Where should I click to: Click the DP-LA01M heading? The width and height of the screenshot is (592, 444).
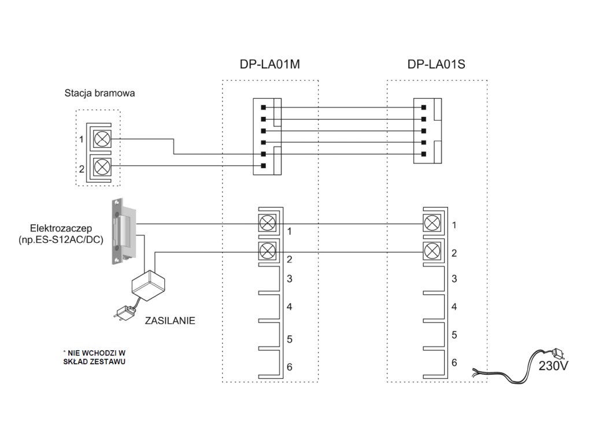tap(269, 64)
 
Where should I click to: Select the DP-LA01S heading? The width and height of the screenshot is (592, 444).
tap(436, 64)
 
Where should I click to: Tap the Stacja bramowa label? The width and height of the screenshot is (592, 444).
tap(99, 93)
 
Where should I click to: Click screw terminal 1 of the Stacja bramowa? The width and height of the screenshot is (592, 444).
tap(102, 139)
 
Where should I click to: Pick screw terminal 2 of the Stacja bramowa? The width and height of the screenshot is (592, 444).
tap(102, 166)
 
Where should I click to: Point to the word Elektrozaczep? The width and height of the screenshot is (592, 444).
tap(61, 228)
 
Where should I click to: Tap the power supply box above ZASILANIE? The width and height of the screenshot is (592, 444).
tap(149, 286)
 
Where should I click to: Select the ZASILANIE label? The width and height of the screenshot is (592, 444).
tap(170, 320)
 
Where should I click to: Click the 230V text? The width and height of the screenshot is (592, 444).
tap(553, 366)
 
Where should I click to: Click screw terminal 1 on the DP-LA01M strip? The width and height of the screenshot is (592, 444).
tap(268, 224)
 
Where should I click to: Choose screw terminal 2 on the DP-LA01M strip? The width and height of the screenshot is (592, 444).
tap(268, 250)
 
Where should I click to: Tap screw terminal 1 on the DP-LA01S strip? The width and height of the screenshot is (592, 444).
tap(432, 224)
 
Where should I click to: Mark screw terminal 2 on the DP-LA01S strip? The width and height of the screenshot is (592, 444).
tap(432, 250)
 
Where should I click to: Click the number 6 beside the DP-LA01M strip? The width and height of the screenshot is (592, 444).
tap(290, 367)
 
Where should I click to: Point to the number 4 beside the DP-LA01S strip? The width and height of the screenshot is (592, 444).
tap(454, 306)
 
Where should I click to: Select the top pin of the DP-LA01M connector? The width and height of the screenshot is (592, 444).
tap(264, 108)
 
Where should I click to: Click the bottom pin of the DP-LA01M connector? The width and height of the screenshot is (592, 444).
tap(264, 166)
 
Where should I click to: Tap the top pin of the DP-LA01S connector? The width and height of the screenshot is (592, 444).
tap(424, 108)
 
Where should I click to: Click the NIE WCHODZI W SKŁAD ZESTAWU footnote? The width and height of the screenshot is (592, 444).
tap(94, 357)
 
